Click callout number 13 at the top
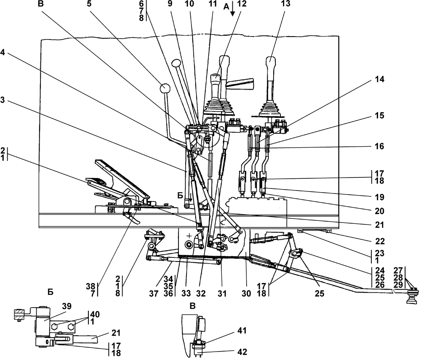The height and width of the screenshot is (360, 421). [x=286, y=4]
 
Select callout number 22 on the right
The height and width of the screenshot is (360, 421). [x=380, y=241]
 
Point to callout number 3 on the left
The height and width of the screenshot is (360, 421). [x=3, y=101]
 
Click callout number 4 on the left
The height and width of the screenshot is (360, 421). [x=3, y=52]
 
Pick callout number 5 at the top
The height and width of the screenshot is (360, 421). [x=89, y=4]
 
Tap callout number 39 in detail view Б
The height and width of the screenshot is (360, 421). [x=67, y=306]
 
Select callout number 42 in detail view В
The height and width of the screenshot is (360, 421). [x=242, y=352]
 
